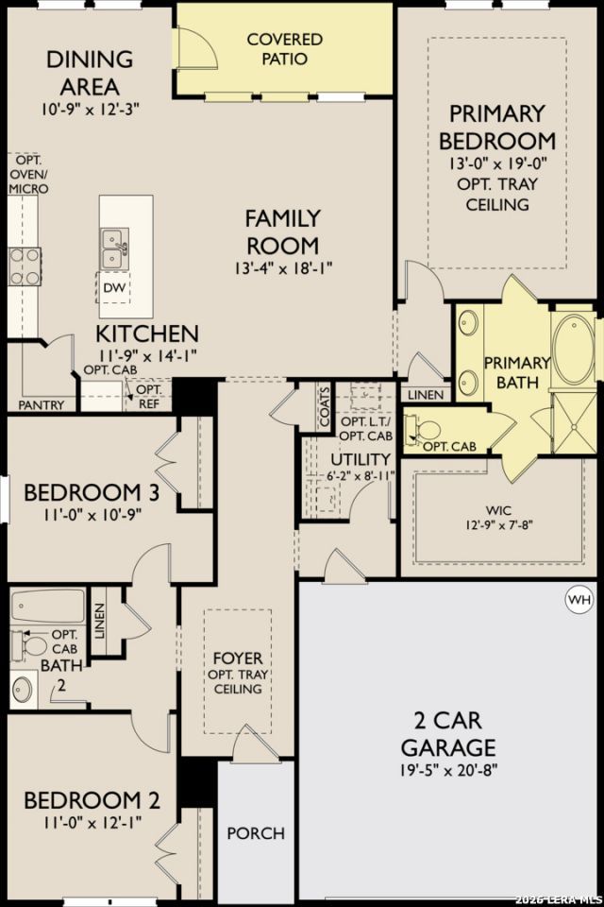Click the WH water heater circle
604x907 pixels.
[x=579, y=599]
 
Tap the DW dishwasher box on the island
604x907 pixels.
[x=113, y=287]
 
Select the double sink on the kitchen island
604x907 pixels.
[x=113, y=248]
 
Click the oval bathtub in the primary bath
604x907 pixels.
[x=574, y=350]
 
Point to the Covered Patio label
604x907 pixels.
[x=284, y=48]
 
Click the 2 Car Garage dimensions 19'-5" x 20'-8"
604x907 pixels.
[x=448, y=770]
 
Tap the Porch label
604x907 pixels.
[x=256, y=833]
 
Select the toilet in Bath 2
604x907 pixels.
[x=30, y=646]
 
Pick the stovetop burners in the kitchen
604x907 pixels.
[x=25, y=266]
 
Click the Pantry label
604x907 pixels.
[x=41, y=405]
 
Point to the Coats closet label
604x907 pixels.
[x=325, y=406]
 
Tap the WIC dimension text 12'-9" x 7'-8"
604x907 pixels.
[x=498, y=525]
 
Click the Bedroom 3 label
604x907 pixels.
[x=92, y=492]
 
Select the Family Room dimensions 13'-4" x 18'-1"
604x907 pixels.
[x=283, y=269]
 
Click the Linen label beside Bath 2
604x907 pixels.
[x=100, y=622]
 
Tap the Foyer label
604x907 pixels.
[x=238, y=659]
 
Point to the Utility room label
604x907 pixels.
[x=361, y=459]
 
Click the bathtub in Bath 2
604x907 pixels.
[x=48, y=608]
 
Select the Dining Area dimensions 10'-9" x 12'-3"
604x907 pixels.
[x=91, y=109]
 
